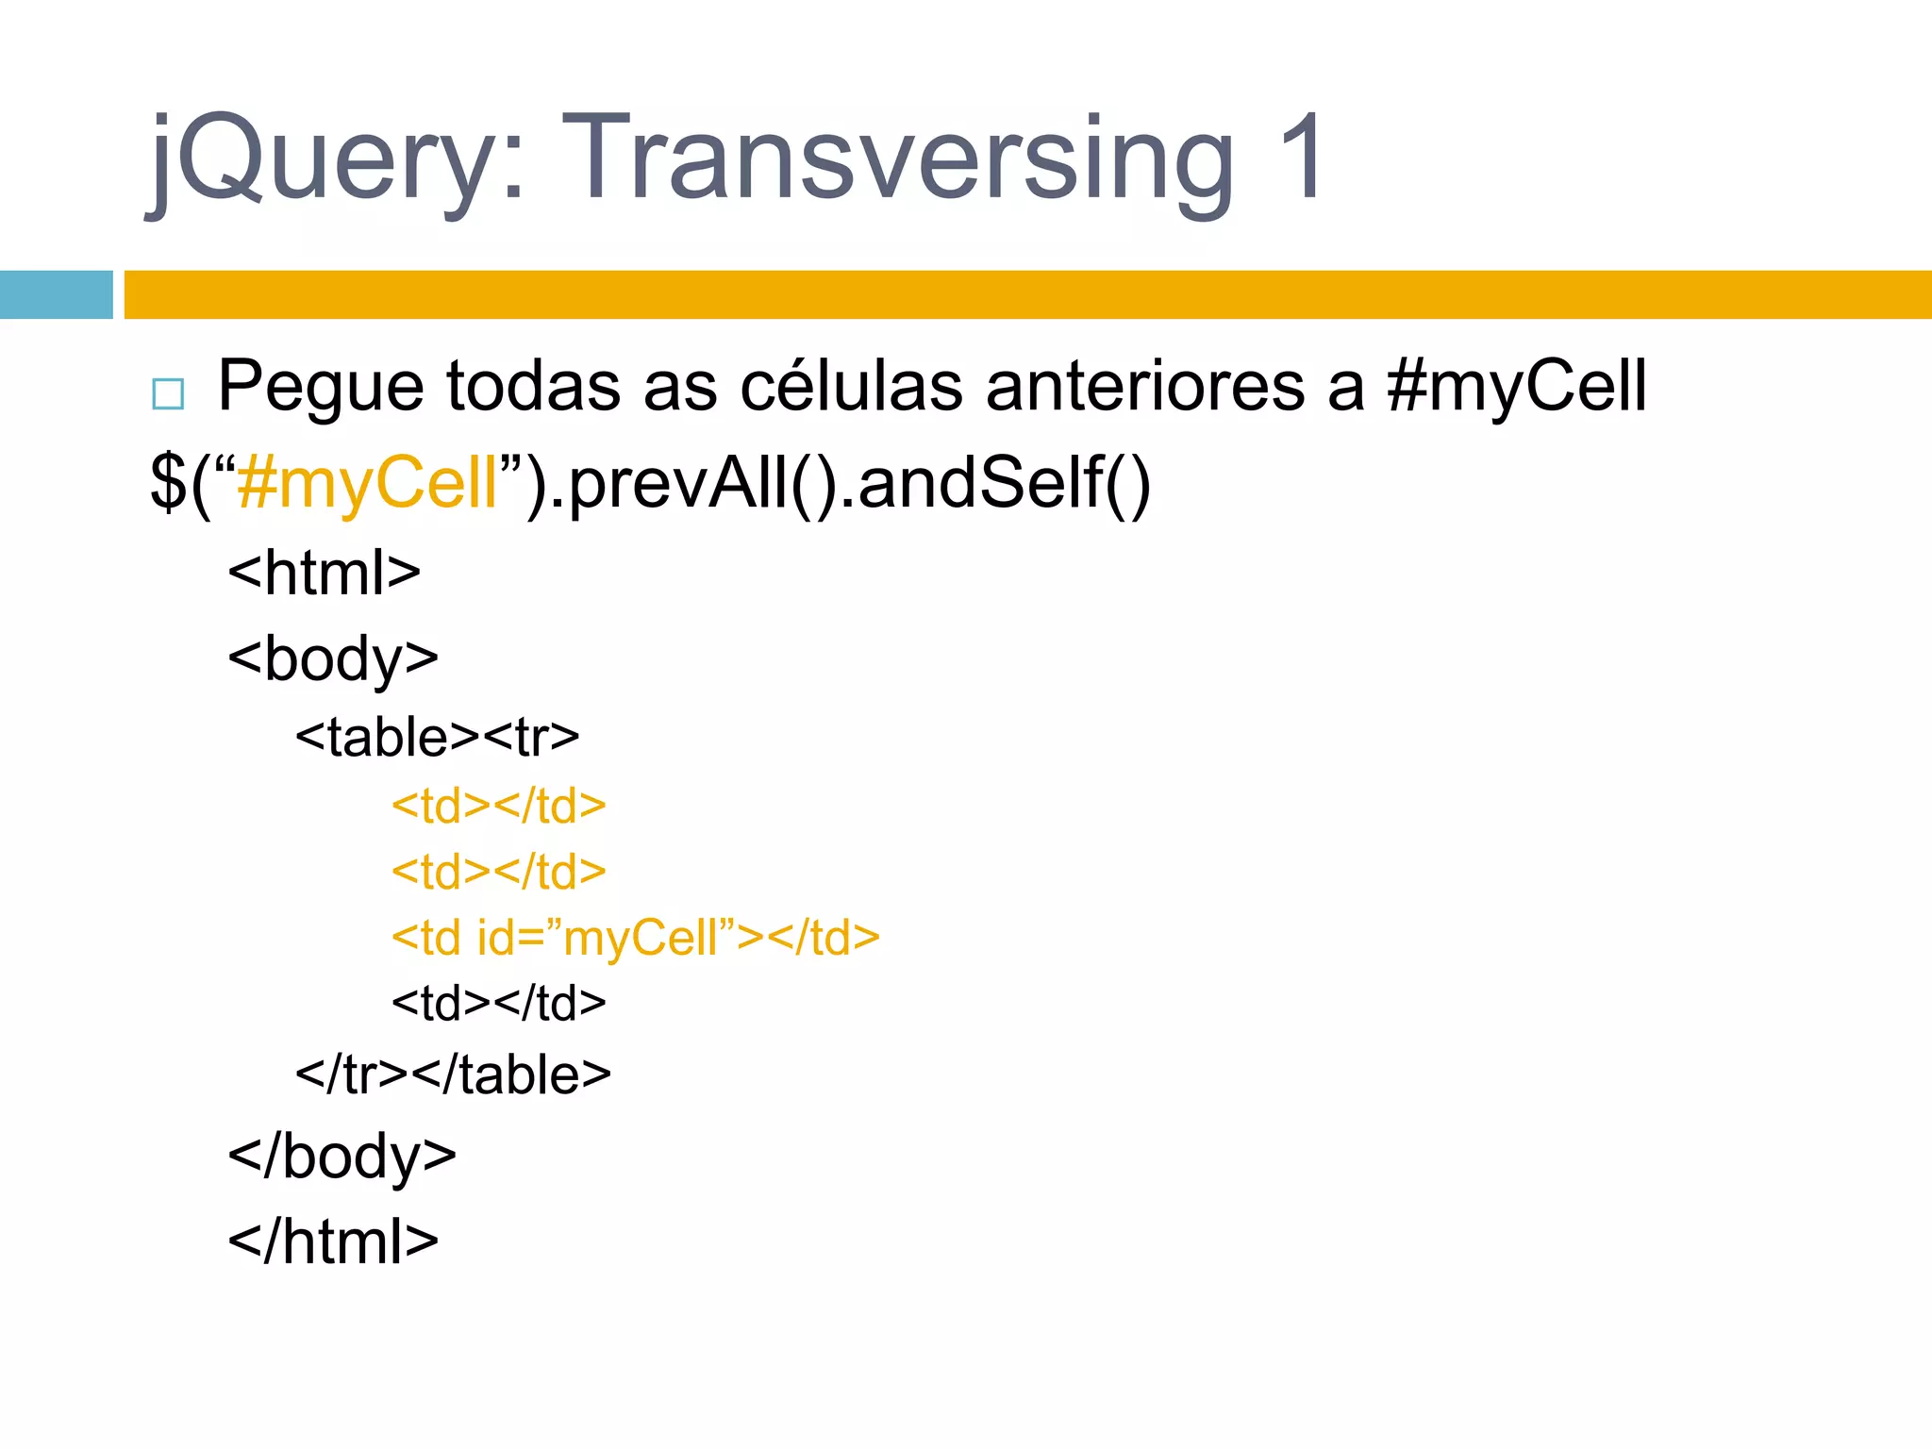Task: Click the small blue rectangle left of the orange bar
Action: coord(56,294)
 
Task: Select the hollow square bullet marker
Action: coord(168,393)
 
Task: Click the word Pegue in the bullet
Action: coord(321,387)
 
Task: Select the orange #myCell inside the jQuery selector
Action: coord(368,482)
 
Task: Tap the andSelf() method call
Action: coord(1004,482)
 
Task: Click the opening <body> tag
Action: coord(333,658)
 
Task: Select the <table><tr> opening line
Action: coord(437,737)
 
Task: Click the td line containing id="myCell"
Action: coord(635,938)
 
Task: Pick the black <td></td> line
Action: coord(498,1003)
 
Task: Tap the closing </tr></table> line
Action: coord(453,1074)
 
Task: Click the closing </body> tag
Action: coord(341,1156)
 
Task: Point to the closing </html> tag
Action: coord(333,1241)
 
